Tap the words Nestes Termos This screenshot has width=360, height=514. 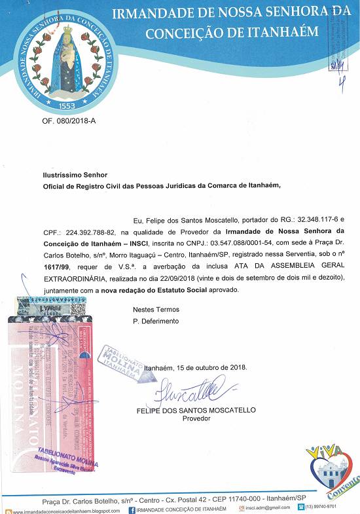click(x=155, y=309)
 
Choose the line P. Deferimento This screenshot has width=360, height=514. click(x=156, y=321)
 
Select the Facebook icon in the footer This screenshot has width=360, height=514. click(x=132, y=509)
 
